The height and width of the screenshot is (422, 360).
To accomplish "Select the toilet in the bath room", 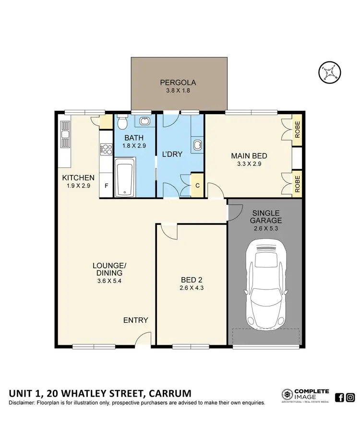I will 122,123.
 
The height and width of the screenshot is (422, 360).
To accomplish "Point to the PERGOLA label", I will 178,82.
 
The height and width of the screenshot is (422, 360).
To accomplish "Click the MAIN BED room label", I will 249,156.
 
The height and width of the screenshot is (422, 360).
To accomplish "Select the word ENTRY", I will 135,320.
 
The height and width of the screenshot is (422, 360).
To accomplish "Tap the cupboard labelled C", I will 197,186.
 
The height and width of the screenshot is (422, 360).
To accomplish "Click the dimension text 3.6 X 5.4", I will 109,281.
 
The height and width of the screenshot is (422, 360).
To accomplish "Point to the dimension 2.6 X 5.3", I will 265,229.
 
